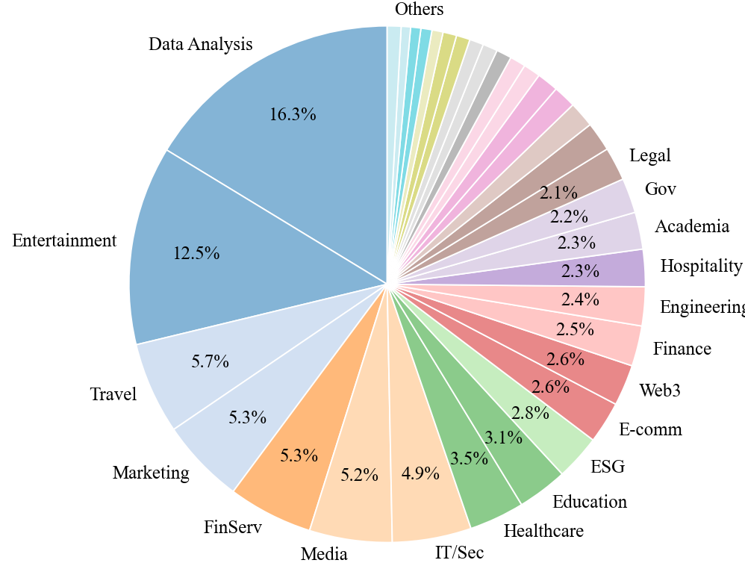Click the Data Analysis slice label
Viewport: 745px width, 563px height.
[x=200, y=44]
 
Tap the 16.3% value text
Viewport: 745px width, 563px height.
[x=293, y=114]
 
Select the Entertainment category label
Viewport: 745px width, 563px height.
[x=64, y=240]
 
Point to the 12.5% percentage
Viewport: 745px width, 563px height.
[x=196, y=253]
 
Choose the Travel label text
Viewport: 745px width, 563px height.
[x=113, y=394]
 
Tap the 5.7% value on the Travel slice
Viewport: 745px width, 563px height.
[x=210, y=361]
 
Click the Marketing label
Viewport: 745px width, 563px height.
[x=151, y=473]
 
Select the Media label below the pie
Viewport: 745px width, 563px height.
[x=324, y=553]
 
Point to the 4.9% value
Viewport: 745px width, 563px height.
[x=420, y=473]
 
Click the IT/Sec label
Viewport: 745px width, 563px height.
[x=460, y=552]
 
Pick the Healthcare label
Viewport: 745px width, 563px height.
[x=543, y=531]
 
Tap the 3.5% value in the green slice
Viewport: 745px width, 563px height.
[x=470, y=458]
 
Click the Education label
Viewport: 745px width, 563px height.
[x=590, y=501]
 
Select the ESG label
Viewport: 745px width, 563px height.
[x=607, y=467]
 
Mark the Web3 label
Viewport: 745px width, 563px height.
[x=660, y=390]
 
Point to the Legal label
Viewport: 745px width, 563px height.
[x=650, y=155]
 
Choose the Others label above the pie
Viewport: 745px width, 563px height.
[x=419, y=9]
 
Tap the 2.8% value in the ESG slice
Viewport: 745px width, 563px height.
[x=530, y=413]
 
